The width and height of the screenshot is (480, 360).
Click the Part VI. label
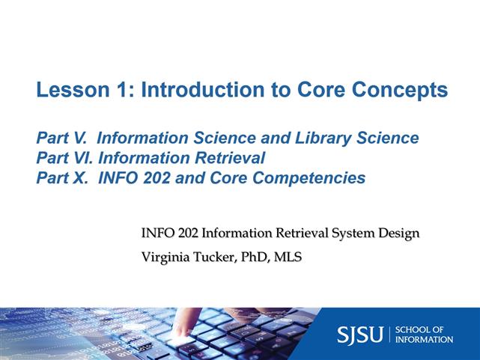(65, 158)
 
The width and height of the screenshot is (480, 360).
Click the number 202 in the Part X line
(157, 178)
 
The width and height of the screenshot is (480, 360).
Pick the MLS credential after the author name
(288, 257)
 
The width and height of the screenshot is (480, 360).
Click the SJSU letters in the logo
(359, 334)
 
